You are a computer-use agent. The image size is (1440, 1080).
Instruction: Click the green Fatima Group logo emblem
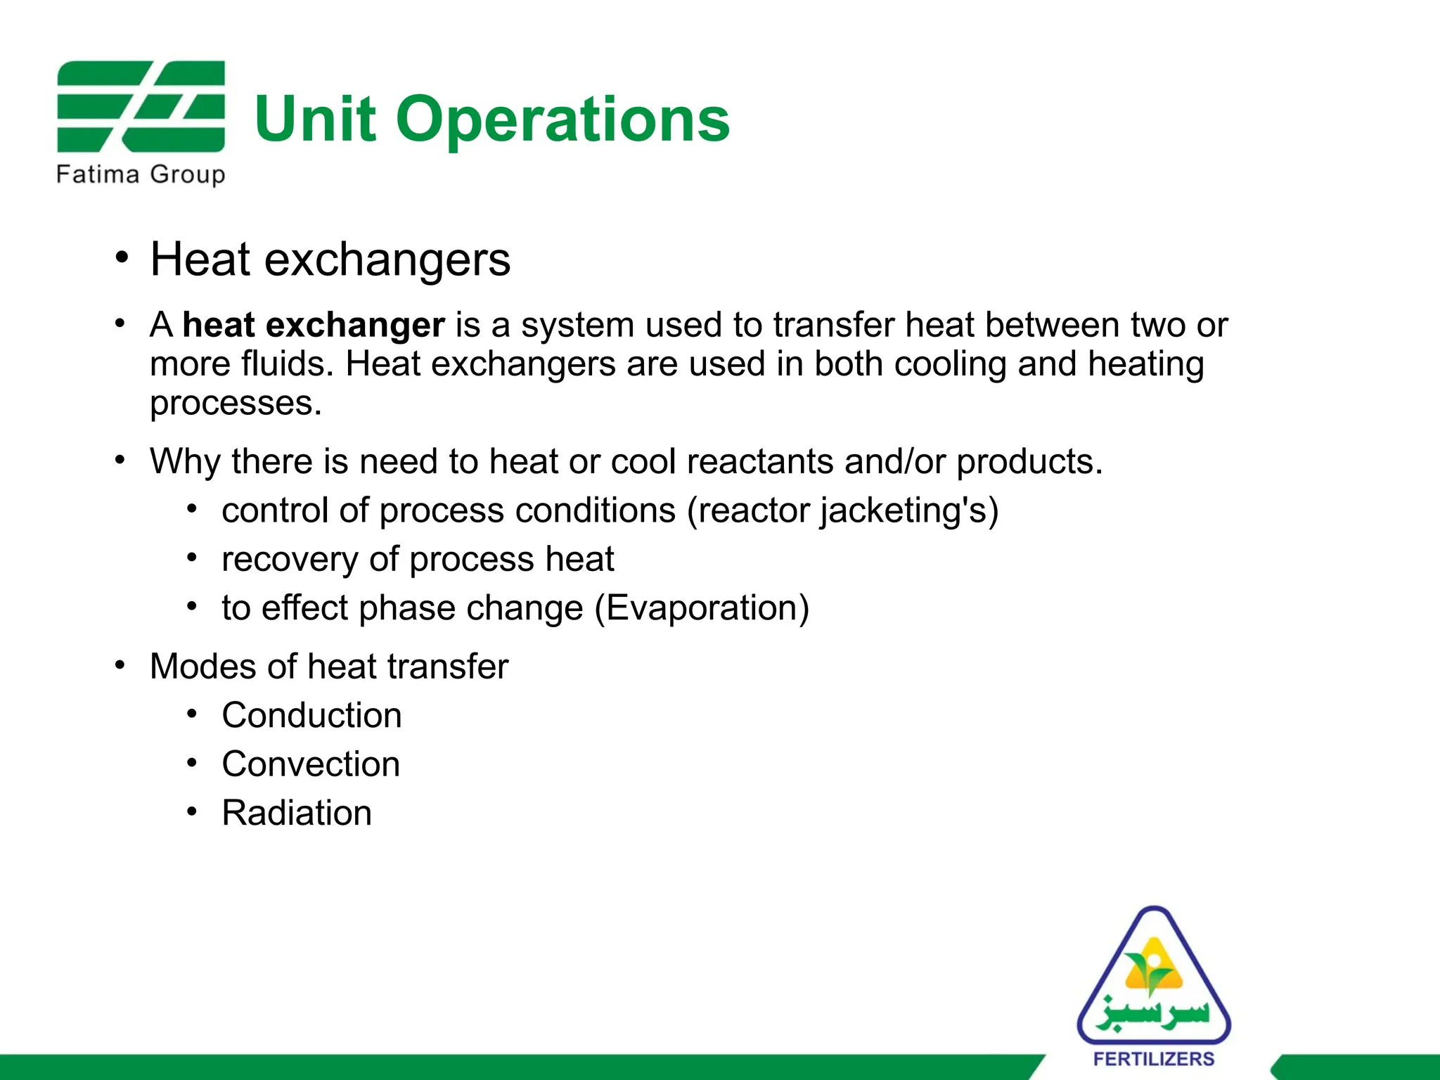[x=141, y=106]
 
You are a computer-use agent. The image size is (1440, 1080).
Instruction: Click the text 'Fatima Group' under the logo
[x=141, y=174]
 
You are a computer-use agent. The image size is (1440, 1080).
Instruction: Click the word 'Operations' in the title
[x=562, y=120]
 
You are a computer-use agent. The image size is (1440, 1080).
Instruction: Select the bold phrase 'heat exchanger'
[x=314, y=325]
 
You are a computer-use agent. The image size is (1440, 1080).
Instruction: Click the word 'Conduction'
[x=311, y=715]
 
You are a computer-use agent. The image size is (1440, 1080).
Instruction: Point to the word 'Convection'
[x=311, y=764]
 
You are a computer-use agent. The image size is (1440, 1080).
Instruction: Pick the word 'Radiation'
[x=297, y=813]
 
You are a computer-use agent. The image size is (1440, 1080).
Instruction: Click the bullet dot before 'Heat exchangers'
[x=122, y=258]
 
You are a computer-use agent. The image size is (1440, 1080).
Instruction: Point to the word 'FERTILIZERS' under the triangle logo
[x=1154, y=1059]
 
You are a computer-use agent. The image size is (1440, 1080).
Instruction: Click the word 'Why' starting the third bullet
[x=185, y=462]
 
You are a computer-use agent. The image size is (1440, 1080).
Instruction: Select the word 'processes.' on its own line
[x=236, y=404]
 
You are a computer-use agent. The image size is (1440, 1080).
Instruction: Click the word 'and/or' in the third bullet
[x=894, y=462]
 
